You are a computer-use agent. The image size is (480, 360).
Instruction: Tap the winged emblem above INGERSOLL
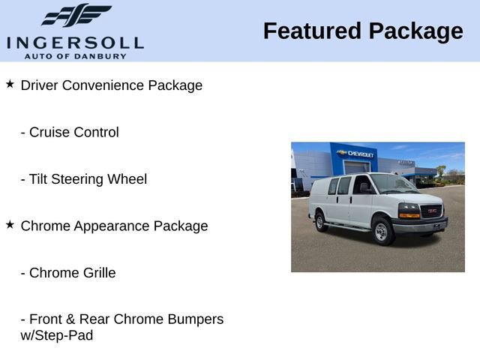[76, 16]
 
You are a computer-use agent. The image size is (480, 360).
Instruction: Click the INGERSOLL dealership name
[75, 43]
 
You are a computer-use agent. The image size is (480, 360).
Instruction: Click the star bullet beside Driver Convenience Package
[10, 84]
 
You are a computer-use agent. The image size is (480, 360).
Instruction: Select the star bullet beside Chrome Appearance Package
[10, 224]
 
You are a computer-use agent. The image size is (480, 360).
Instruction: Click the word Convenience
[103, 85]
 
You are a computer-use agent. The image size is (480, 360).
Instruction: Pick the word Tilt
[40, 179]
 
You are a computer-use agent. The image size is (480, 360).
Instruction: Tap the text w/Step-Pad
[57, 336]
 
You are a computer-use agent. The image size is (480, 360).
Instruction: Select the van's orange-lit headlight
[409, 211]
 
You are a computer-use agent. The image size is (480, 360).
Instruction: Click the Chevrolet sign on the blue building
[357, 154]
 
